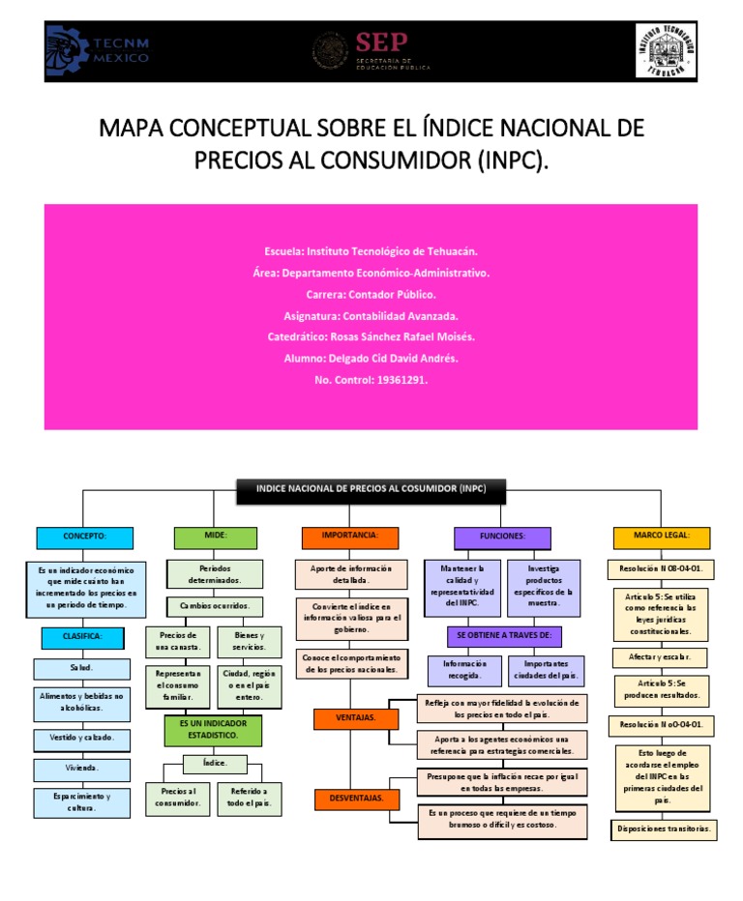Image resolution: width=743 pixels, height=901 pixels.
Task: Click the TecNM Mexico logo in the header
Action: [x=98, y=51]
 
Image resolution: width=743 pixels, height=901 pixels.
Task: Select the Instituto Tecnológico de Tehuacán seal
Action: [x=666, y=51]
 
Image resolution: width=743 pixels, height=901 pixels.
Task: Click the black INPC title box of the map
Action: [x=371, y=490]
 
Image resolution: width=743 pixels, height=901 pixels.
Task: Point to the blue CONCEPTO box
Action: [x=84, y=538]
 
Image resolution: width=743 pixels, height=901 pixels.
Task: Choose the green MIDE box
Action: [x=215, y=538]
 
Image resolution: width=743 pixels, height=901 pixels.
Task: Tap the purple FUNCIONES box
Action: [x=501, y=538]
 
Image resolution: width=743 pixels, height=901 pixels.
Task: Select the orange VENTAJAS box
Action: [x=356, y=718]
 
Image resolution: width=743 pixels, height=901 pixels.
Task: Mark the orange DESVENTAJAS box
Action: [x=356, y=799]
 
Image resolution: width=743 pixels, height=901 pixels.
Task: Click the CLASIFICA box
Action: [x=83, y=637]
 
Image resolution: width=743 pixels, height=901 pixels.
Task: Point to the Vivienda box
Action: [x=83, y=770]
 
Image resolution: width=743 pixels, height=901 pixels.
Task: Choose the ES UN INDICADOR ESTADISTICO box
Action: [x=214, y=730]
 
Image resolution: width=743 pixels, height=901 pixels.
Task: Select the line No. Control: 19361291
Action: [x=371, y=380]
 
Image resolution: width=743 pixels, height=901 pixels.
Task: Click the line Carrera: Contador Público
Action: [x=371, y=294]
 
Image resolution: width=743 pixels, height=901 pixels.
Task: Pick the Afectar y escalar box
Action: [x=660, y=657]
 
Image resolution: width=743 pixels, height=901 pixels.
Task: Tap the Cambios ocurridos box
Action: [x=214, y=606]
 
